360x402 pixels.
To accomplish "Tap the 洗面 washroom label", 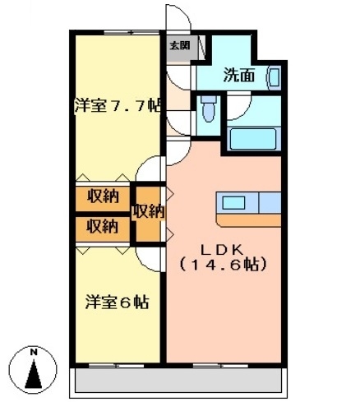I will [x=239, y=76].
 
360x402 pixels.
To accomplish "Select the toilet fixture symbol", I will [x=207, y=107].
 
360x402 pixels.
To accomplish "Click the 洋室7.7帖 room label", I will [x=117, y=105].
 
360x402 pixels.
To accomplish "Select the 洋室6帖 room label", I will [x=117, y=302].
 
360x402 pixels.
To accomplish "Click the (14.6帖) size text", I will [x=223, y=266].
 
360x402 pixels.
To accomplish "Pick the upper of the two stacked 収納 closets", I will [x=104, y=196].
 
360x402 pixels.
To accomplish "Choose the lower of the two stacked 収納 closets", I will [x=104, y=225].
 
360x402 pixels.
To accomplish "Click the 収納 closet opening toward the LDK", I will [x=149, y=211].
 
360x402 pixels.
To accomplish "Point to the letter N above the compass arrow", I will [x=33, y=353].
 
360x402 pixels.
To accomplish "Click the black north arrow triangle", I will [x=34, y=375].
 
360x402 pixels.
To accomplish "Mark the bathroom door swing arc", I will [x=238, y=107].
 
